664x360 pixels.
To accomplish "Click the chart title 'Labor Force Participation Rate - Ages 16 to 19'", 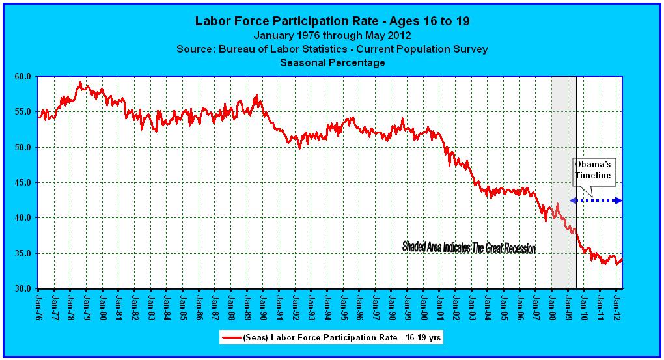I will point(332,21).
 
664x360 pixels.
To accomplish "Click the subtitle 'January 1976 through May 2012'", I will point(332,35).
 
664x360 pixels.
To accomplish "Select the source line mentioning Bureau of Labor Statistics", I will point(332,49).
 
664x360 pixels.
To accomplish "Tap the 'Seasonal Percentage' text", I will point(332,63).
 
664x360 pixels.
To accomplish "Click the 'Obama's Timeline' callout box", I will point(593,170).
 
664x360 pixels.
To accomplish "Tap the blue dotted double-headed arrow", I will point(596,201).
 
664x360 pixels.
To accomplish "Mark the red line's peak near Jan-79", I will point(80,83).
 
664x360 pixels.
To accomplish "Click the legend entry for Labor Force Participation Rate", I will point(332,338).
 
